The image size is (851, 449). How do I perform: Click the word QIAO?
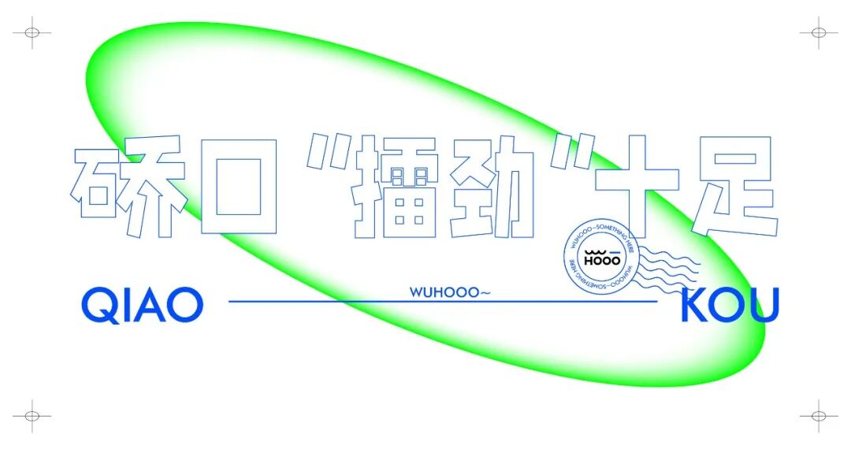(143, 304)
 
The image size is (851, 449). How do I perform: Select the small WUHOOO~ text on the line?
(450, 292)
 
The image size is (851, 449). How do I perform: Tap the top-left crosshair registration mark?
(32, 33)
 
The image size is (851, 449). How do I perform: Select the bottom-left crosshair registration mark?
(32, 414)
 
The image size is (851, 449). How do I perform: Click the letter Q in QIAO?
(99, 305)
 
